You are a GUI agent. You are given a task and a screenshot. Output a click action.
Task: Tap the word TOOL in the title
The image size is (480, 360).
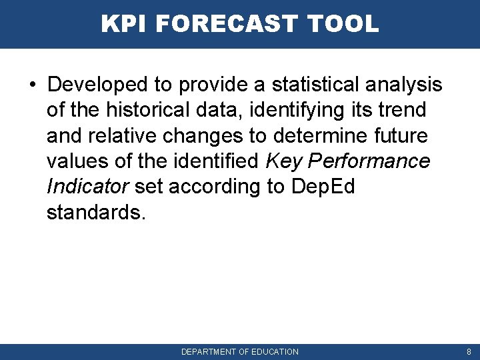click(x=344, y=24)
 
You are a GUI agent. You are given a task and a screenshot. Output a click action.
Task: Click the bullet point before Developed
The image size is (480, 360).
click(x=33, y=85)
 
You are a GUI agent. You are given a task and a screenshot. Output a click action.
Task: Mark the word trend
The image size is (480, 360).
click(x=402, y=110)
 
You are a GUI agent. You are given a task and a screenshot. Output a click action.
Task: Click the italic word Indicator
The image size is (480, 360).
click(x=87, y=186)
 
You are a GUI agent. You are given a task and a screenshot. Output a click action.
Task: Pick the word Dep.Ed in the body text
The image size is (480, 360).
click(x=323, y=186)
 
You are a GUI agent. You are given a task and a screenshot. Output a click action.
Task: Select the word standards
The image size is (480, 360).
click(x=95, y=212)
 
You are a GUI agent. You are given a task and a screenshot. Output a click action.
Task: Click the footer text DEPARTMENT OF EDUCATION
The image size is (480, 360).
click(x=240, y=351)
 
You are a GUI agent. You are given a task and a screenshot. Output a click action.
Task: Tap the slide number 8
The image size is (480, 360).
click(x=469, y=351)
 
